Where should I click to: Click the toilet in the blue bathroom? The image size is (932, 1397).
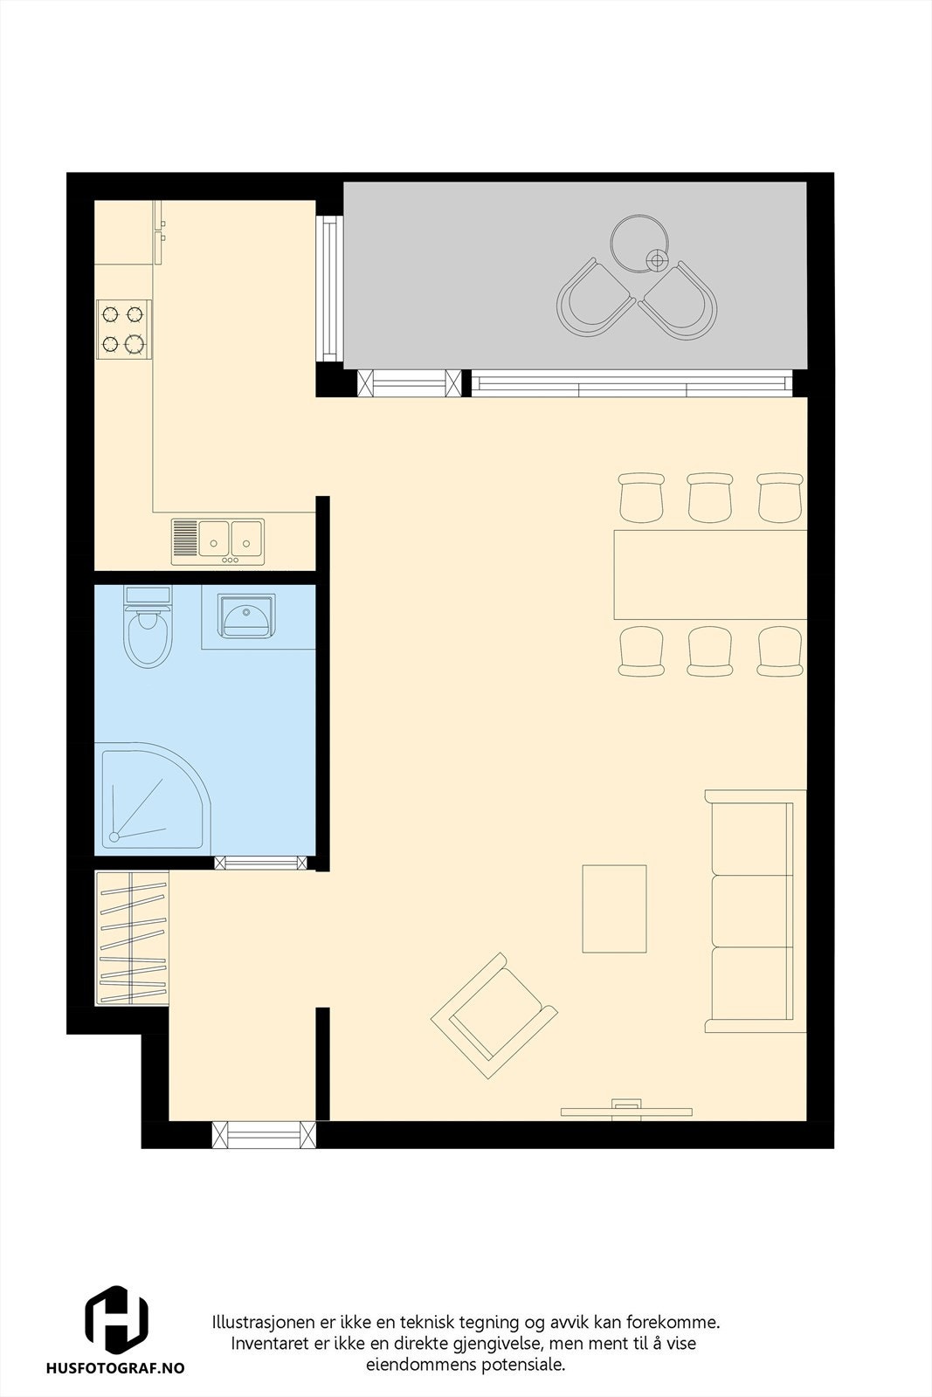point(148,634)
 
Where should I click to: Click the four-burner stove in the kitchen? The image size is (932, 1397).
point(122,328)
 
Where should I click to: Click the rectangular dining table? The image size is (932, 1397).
point(709,574)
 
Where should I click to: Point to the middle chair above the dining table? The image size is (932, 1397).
point(709,498)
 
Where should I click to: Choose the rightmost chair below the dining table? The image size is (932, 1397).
point(779,651)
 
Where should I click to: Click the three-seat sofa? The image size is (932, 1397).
point(753,910)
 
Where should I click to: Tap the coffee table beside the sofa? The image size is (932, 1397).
point(614,908)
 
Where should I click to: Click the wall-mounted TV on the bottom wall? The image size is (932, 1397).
point(625,1111)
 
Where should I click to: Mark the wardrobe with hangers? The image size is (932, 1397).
point(132,939)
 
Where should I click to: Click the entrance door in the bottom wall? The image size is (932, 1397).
point(264,1134)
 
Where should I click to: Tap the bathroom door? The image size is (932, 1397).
point(261,863)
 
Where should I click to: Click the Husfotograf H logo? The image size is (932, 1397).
point(116,1318)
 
